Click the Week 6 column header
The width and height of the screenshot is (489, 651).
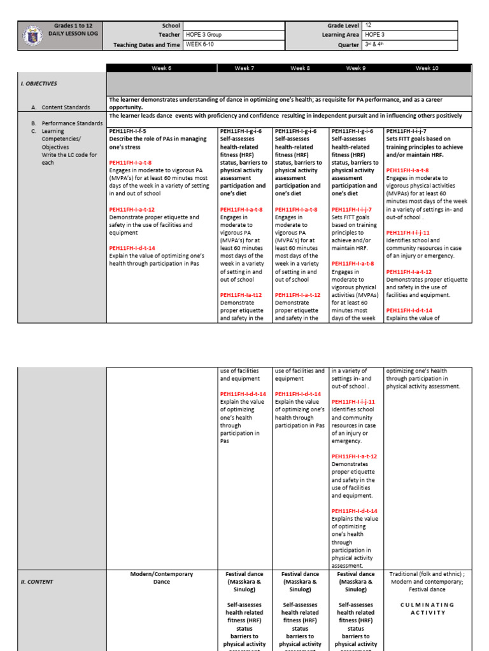tap(162, 67)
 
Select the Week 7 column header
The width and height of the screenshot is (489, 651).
tap(244, 67)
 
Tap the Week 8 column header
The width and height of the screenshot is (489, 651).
tap(300, 67)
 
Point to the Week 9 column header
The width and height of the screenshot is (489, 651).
tap(355, 67)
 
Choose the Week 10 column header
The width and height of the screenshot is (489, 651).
tap(427, 67)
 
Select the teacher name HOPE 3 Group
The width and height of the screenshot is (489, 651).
tap(204, 35)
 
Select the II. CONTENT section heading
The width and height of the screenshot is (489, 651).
tap(36, 582)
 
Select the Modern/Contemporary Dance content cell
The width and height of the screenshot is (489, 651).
tap(162, 578)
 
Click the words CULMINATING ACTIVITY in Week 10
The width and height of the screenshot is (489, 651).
tap(427, 608)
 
